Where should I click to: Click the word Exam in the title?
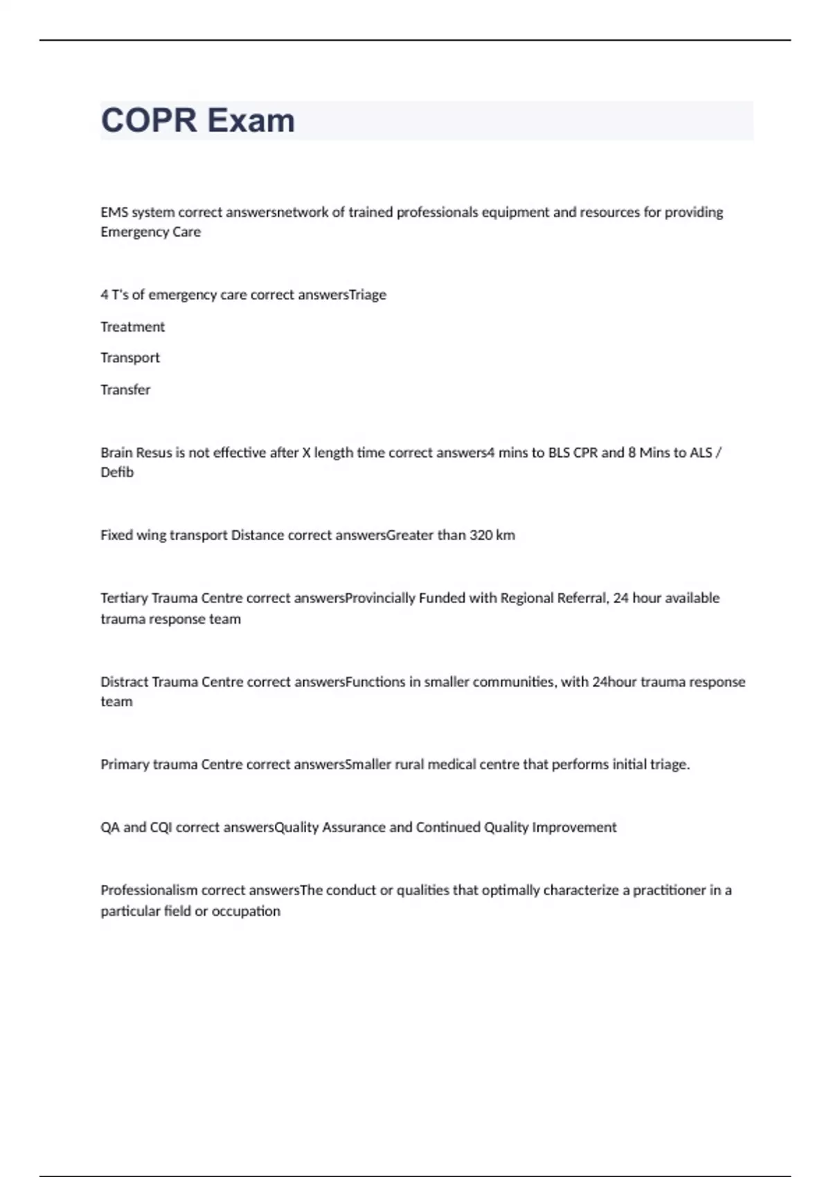click(251, 120)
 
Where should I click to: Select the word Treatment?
click(132, 327)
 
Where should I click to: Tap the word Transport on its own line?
click(129, 358)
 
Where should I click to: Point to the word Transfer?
click(125, 390)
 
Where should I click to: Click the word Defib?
click(116, 472)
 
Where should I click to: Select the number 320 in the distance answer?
click(481, 535)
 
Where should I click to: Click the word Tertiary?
click(124, 598)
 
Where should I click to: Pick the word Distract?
click(124, 682)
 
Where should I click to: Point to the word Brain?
click(116, 453)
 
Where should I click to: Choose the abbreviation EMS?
click(114, 213)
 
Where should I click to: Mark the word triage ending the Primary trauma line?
click(669, 764)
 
